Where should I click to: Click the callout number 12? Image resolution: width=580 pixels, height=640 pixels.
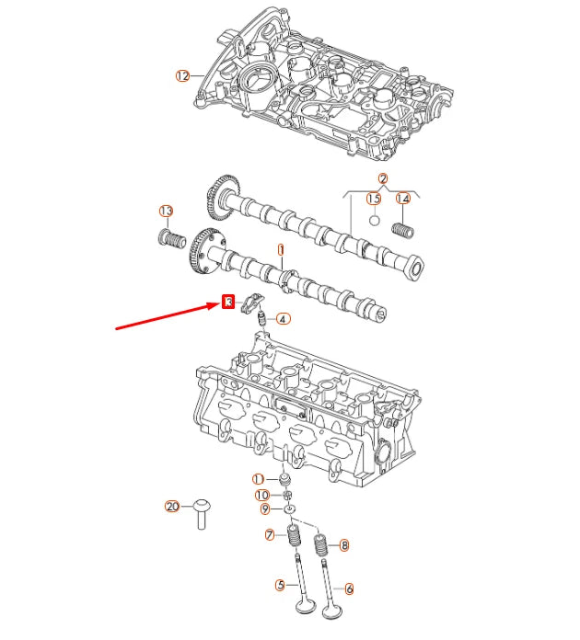(181, 75)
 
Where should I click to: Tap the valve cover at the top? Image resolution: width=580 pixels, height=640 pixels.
(322, 83)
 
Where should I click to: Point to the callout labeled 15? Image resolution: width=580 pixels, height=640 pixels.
(374, 199)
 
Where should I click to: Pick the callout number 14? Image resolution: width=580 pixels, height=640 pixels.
(402, 199)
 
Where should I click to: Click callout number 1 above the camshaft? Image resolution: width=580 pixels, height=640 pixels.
(281, 249)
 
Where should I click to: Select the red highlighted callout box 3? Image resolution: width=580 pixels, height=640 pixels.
(228, 301)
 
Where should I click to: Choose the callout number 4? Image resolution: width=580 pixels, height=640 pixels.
(283, 319)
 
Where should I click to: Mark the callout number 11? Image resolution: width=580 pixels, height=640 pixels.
(259, 479)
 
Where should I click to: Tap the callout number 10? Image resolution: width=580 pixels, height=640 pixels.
(261, 495)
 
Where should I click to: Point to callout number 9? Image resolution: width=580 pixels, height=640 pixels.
(264, 509)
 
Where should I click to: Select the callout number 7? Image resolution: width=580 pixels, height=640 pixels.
(269, 535)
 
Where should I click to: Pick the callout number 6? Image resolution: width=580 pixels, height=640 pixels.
(349, 588)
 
